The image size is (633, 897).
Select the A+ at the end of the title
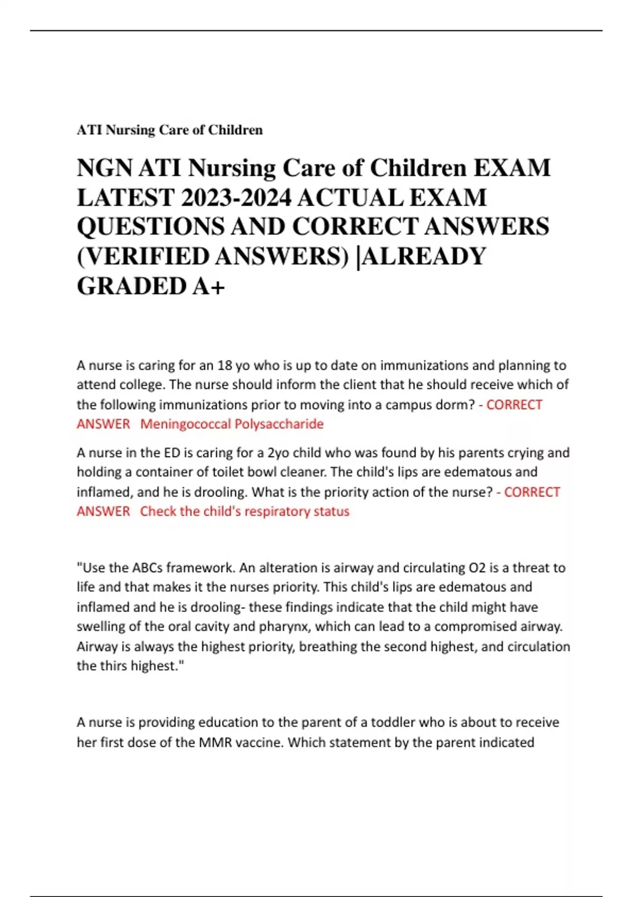point(209,286)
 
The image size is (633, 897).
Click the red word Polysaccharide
point(279,424)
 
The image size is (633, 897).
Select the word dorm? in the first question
point(458,405)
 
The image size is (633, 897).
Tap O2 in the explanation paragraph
point(475,568)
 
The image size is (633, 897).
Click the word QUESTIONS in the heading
point(152,227)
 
